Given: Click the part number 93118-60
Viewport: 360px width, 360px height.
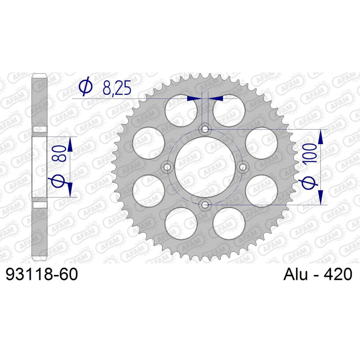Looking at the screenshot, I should pyautogui.click(x=41, y=274).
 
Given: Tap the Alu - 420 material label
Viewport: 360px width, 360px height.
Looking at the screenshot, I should pyautogui.click(x=318, y=274).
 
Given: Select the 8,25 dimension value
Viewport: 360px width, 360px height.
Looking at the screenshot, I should pyautogui.click(x=117, y=88).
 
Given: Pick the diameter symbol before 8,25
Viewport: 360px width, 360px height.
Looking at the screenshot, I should pyautogui.click(x=85, y=86).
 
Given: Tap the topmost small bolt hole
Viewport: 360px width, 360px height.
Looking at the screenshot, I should pyautogui.click(x=206, y=130).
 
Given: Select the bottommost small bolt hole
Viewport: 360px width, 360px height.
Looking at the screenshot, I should pyautogui.click(x=206, y=205).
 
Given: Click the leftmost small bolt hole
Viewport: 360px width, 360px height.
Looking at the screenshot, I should pyautogui.click(x=168, y=167).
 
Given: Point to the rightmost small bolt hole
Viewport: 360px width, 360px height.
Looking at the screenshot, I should pyautogui.click(x=243, y=167).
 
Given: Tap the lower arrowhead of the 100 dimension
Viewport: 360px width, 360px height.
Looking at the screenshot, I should pyautogui.click(x=320, y=198).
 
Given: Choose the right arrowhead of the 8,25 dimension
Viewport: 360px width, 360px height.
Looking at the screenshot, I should pyautogui.click(x=216, y=97).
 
